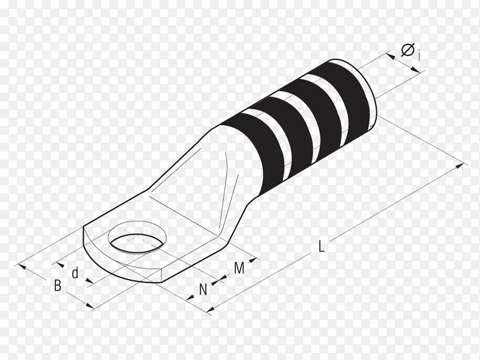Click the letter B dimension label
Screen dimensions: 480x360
pyautogui.click(x=58, y=286)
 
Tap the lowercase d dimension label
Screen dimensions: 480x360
pyautogui.click(x=76, y=272)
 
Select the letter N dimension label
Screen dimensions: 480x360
pyautogui.click(x=203, y=289)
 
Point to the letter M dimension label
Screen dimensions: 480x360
pyautogui.click(x=239, y=268)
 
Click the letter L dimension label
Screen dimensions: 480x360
pyautogui.click(x=321, y=246)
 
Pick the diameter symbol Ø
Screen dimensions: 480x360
pyautogui.click(x=408, y=50)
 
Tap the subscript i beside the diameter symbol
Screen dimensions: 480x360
pyautogui.click(x=418, y=56)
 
